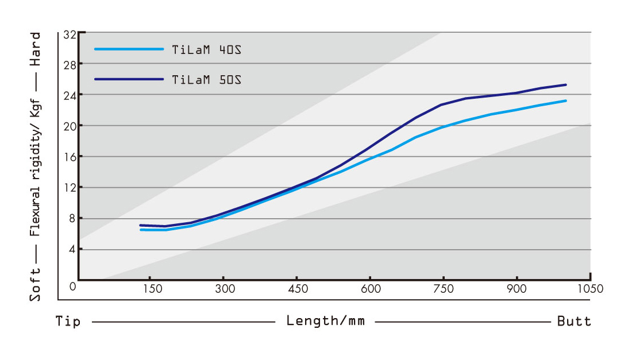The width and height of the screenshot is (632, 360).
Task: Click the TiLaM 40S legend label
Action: [206, 49]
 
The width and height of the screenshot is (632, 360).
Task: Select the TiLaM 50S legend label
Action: [206, 79]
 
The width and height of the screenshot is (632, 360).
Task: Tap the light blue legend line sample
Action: [129, 49]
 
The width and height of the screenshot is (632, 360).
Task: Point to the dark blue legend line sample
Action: [129, 79]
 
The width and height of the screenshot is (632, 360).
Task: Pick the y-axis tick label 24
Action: [70, 94]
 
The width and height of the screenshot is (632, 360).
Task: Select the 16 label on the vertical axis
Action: [70, 156]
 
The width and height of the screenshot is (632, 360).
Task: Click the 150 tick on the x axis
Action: [152, 289]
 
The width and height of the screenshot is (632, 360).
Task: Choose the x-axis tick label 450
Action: [298, 289]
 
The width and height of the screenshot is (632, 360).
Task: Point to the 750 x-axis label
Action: [444, 289]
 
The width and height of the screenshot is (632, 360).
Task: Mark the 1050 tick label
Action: [590, 289]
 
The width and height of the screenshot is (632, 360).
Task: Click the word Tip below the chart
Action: [68, 321]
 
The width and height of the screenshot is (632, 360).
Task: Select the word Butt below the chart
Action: [574, 321]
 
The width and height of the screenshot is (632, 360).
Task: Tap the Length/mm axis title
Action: [325, 321]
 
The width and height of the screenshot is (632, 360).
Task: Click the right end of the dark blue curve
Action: [566, 85]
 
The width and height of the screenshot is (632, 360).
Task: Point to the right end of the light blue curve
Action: [566, 101]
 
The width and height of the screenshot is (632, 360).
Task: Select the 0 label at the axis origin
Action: [73, 286]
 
